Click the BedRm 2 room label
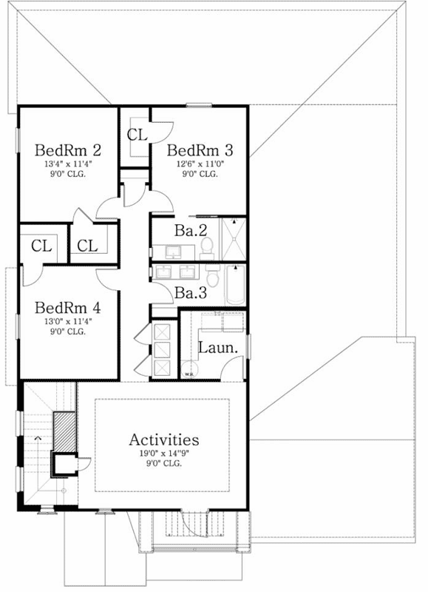tap(67, 150)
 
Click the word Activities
tap(164, 440)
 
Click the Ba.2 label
tap(190, 231)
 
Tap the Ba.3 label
tap(190, 293)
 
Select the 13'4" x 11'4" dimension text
tap(67, 164)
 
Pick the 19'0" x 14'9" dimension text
tap(164, 453)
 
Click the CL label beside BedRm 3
tap(137, 135)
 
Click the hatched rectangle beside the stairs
tap(64, 430)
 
